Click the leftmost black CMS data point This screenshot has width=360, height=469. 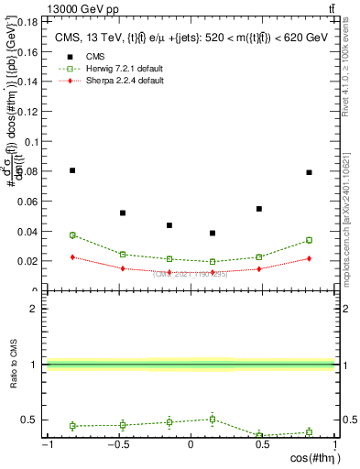tap(72, 170)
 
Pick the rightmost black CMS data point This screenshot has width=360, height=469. tap(310, 172)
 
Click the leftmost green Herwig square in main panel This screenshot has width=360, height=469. tap(72, 235)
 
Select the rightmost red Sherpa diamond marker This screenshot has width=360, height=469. tap(310, 258)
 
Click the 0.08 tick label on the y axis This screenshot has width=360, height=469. tap(28, 171)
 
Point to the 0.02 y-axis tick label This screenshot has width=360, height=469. tap(28, 261)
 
